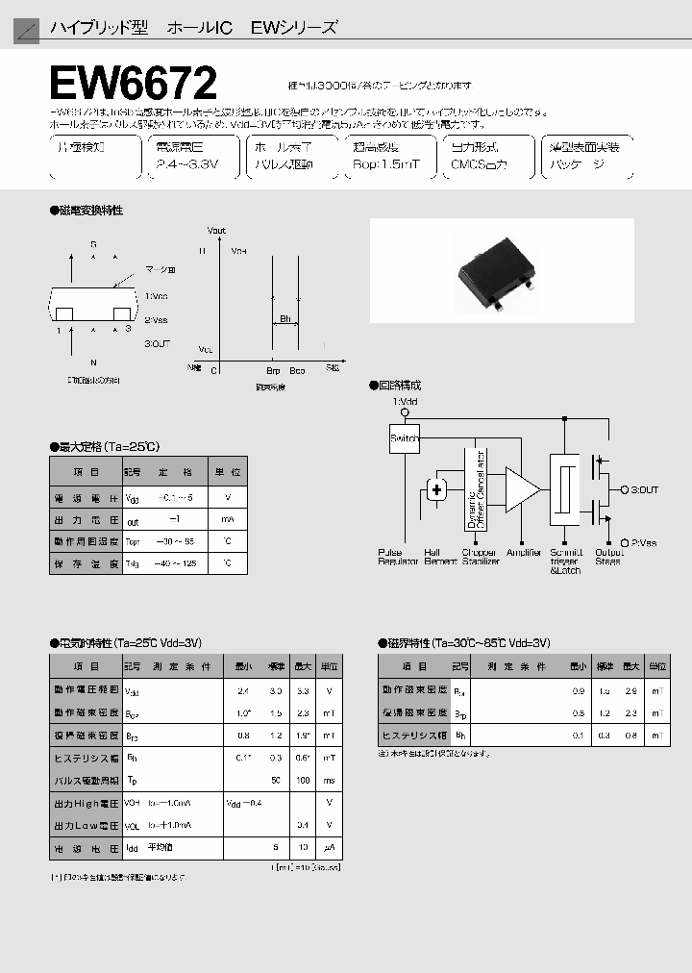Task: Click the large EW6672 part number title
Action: tap(136, 84)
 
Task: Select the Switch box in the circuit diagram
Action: tap(405, 437)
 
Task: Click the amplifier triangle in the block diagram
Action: tap(522, 489)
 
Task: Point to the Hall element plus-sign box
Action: tap(436, 490)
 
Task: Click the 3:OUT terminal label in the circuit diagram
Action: tap(644, 489)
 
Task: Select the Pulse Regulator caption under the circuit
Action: tap(398, 557)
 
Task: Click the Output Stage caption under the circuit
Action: tap(608, 557)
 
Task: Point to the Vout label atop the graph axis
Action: tap(216, 231)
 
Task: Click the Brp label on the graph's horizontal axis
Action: tap(273, 369)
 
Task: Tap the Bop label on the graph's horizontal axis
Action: tap(297, 369)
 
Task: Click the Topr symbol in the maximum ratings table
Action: tap(133, 540)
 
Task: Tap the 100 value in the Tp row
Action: tap(303, 780)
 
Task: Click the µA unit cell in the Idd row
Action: tap(329, 847)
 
